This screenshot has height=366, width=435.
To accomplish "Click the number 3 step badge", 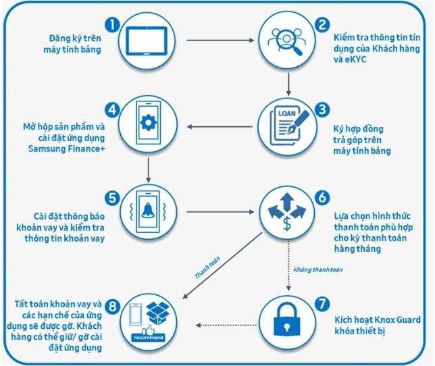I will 322,109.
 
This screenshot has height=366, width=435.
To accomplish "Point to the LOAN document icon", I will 286,125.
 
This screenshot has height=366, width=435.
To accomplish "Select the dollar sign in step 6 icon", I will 288,224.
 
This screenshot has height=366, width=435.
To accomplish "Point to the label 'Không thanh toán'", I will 317,270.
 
